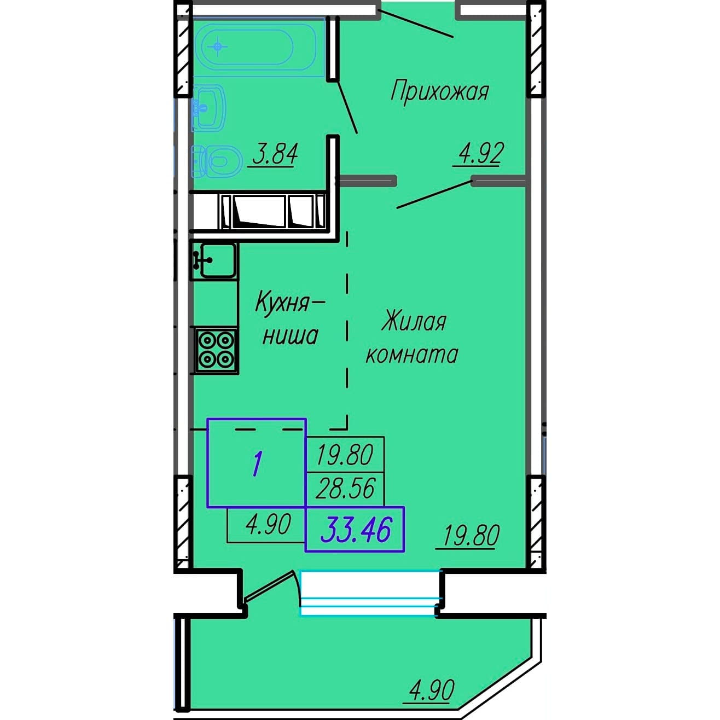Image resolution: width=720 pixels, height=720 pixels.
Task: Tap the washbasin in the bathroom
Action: (x=208, y=108)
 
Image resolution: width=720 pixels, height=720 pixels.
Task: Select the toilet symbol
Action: (x=216, y=161)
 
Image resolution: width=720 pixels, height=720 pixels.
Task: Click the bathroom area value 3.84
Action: (x=275, y=155)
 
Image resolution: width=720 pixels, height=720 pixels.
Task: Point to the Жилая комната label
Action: (x=412, y=338)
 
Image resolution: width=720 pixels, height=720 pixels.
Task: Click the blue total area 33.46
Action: (x=356, y=529)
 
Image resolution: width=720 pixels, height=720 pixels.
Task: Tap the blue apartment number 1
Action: (x=257, y=463)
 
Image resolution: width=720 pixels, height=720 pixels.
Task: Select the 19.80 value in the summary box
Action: (x=345, y=455)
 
